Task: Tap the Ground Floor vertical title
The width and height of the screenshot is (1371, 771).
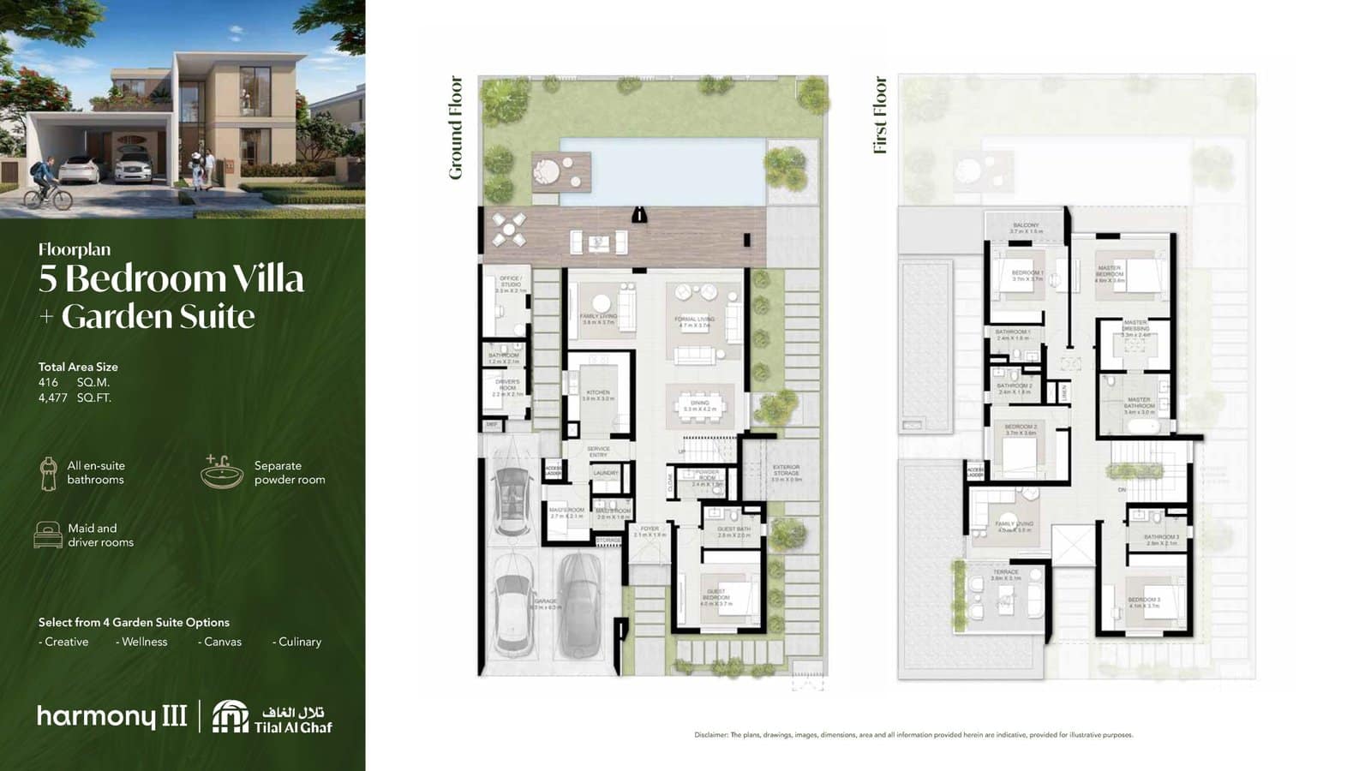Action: click(456, 128)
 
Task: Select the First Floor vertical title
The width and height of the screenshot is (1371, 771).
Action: click(880, 115)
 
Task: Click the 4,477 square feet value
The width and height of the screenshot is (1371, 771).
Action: click(53, 397)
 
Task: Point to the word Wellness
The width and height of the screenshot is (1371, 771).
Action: click(144, 642)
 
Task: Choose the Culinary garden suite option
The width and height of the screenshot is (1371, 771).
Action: click(299, 642)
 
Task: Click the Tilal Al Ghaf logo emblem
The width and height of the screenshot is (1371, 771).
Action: click(230, 717)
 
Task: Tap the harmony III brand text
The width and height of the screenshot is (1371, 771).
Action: click(111, 716)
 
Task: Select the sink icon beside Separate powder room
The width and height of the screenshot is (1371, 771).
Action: click(222, 472)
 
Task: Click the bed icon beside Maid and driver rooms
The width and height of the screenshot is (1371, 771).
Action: click(48, 535)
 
